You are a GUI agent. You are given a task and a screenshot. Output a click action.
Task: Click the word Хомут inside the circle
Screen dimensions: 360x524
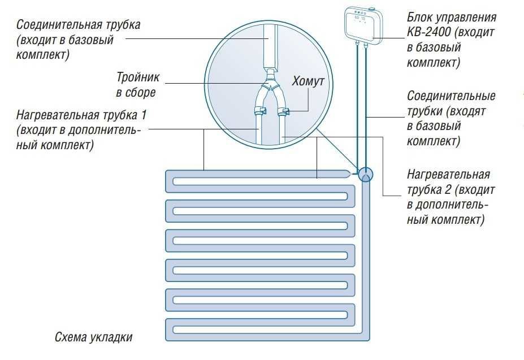(308, 81)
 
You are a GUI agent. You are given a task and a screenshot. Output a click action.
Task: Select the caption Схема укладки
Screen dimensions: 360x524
(94, 337)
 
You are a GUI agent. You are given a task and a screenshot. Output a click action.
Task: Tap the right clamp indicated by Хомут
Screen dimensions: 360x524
(284, 110)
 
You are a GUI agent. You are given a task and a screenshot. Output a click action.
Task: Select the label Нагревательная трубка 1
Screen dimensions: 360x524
(82, 115)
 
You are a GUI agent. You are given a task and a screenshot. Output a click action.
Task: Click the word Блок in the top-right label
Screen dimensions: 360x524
(419, 17)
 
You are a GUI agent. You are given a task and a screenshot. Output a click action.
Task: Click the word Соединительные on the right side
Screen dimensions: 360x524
(451, 96)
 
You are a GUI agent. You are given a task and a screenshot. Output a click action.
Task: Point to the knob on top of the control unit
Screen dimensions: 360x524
(373, 8)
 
